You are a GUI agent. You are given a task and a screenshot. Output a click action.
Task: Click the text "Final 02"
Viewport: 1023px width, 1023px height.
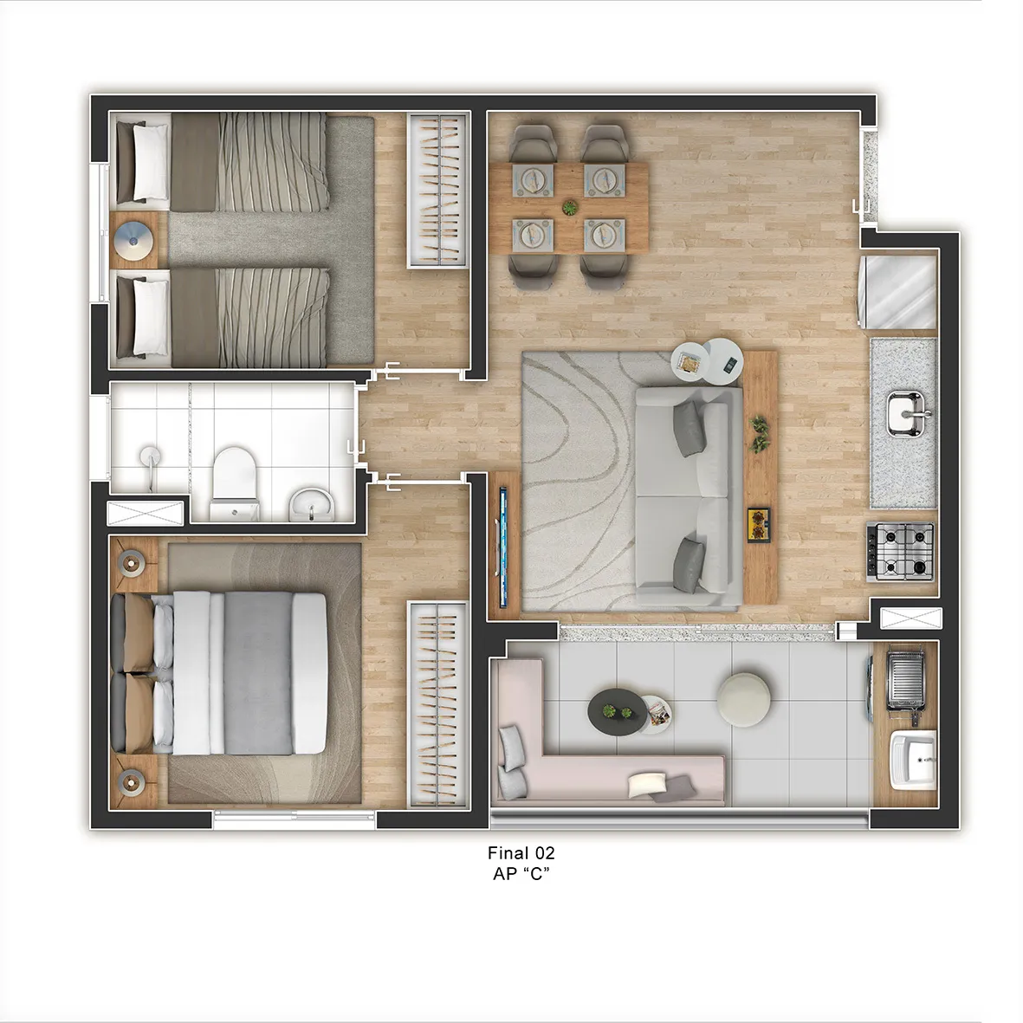[x=521, y=852]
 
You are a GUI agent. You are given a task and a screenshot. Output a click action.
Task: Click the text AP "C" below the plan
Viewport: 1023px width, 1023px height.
[x=521, y=874]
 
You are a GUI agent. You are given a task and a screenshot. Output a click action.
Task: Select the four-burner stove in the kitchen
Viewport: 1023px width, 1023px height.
[x=900, y=552]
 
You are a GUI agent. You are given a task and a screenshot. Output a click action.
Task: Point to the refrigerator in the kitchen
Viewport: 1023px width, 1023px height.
[x=897, y=292]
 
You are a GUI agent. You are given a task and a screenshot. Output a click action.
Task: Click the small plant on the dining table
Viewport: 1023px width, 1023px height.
[x=570, y=208]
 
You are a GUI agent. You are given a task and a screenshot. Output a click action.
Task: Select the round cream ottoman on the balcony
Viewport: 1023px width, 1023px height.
[x=743, y=700]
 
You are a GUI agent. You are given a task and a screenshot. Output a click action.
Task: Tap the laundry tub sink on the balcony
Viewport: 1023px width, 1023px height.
[x=913, y=759]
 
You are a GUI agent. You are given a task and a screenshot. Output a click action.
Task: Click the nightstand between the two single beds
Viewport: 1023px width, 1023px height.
[x=133, y=240]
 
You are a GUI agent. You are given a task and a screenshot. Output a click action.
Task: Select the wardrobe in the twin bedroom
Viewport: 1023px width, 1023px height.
[x=438, y=191]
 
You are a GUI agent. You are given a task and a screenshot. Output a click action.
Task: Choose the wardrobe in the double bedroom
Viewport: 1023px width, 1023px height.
[x=438, y=705]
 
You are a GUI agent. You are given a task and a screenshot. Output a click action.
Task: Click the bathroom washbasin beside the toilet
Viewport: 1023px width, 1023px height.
[x=311, y=504]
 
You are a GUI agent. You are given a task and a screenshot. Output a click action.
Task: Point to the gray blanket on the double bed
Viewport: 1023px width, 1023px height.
[x=258, y=673]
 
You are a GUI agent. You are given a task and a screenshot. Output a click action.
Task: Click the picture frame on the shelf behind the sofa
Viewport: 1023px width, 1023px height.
[x=760, y=525]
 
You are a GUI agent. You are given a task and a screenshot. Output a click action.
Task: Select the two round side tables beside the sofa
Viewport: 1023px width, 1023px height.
[x=709, y=363]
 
